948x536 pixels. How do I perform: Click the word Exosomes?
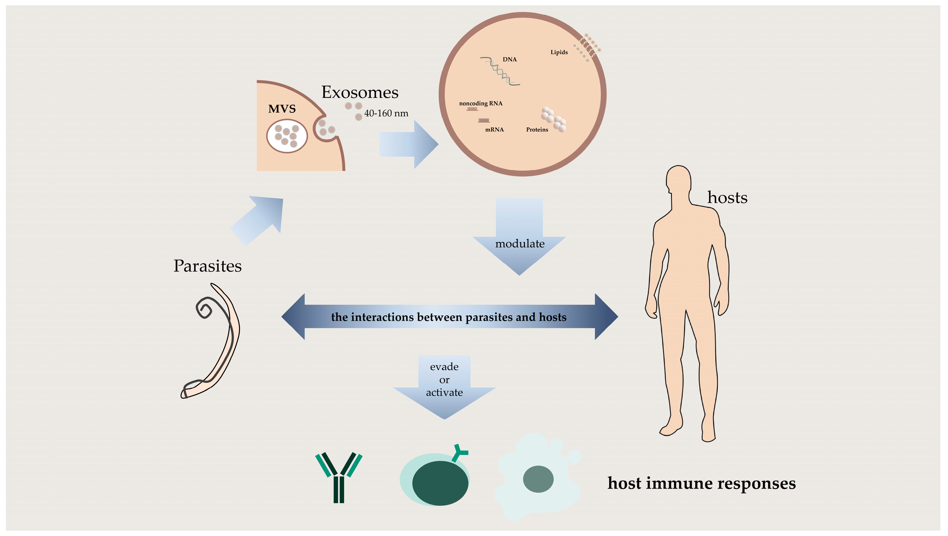360,93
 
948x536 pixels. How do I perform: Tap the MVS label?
282,109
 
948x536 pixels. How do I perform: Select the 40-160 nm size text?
386,113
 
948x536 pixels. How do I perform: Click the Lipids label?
559,52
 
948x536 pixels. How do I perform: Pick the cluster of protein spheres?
553,119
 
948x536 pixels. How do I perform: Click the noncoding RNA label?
481,103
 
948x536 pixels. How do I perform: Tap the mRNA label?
494,130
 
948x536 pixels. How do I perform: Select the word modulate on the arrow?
520,244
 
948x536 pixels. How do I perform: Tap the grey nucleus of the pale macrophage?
538,479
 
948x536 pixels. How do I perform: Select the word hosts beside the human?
727,198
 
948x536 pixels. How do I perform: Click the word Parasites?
207,266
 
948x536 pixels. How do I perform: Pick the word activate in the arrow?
444,392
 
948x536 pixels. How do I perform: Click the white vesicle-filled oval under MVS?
287,136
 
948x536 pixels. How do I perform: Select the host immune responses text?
701,483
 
